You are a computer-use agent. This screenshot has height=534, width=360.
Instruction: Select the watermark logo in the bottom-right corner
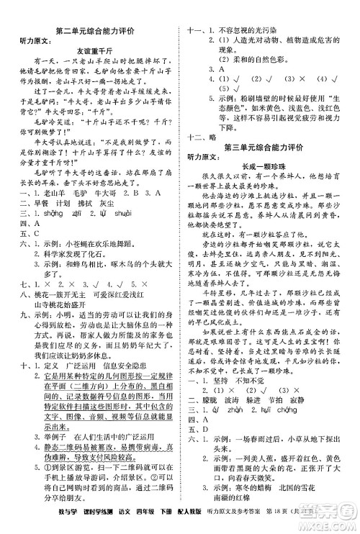pos(328,515)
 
